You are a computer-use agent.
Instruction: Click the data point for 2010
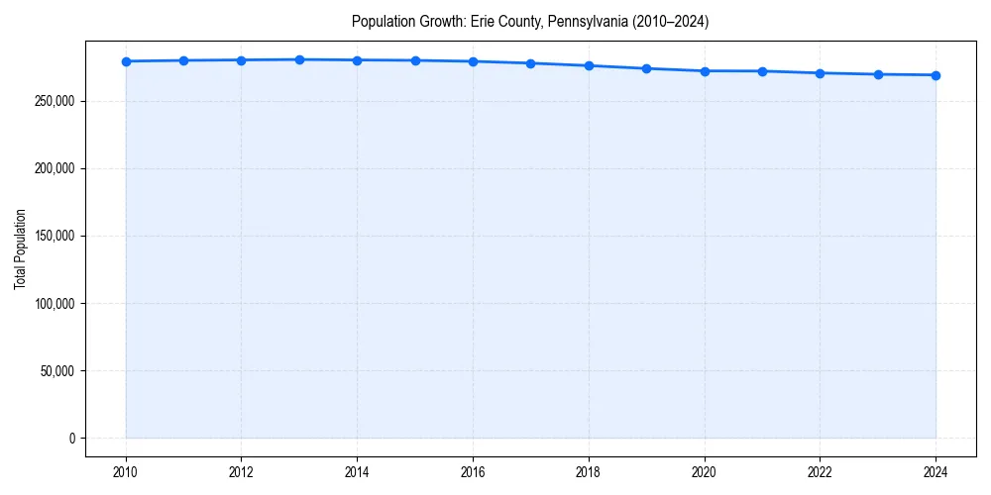point(126,61)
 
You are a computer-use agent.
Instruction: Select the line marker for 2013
point(299,59)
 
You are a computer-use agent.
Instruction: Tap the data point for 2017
point(531,63)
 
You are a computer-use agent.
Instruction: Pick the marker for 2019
point(646,68)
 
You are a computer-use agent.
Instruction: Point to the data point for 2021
point(762,71)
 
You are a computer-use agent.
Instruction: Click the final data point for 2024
point(936,75)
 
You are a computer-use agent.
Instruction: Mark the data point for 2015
point(415,60)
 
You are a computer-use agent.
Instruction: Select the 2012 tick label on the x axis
point(242,472)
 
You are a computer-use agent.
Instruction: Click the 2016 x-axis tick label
point(473,472)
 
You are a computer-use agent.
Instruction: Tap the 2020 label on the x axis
point(705,472)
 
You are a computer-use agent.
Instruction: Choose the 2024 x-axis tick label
point(936,472)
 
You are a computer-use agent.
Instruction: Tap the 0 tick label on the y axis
point(72,439)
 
